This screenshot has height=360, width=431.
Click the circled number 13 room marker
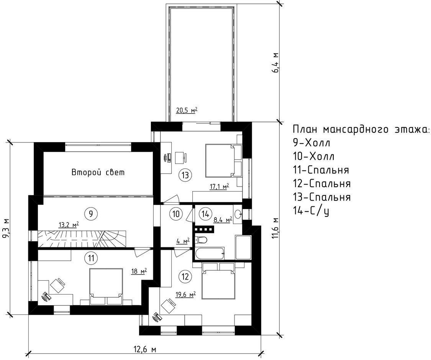pos(185,175)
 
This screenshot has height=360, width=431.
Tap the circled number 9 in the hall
pos(90,213)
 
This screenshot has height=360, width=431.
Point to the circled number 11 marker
pos(91,258)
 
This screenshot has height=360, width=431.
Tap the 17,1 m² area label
pos(220,187)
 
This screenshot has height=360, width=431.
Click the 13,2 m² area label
pos(69,225)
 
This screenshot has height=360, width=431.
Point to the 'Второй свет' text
pos(98,172)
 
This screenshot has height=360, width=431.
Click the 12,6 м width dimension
pos(145,350)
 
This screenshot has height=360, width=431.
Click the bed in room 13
pos(223,161)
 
